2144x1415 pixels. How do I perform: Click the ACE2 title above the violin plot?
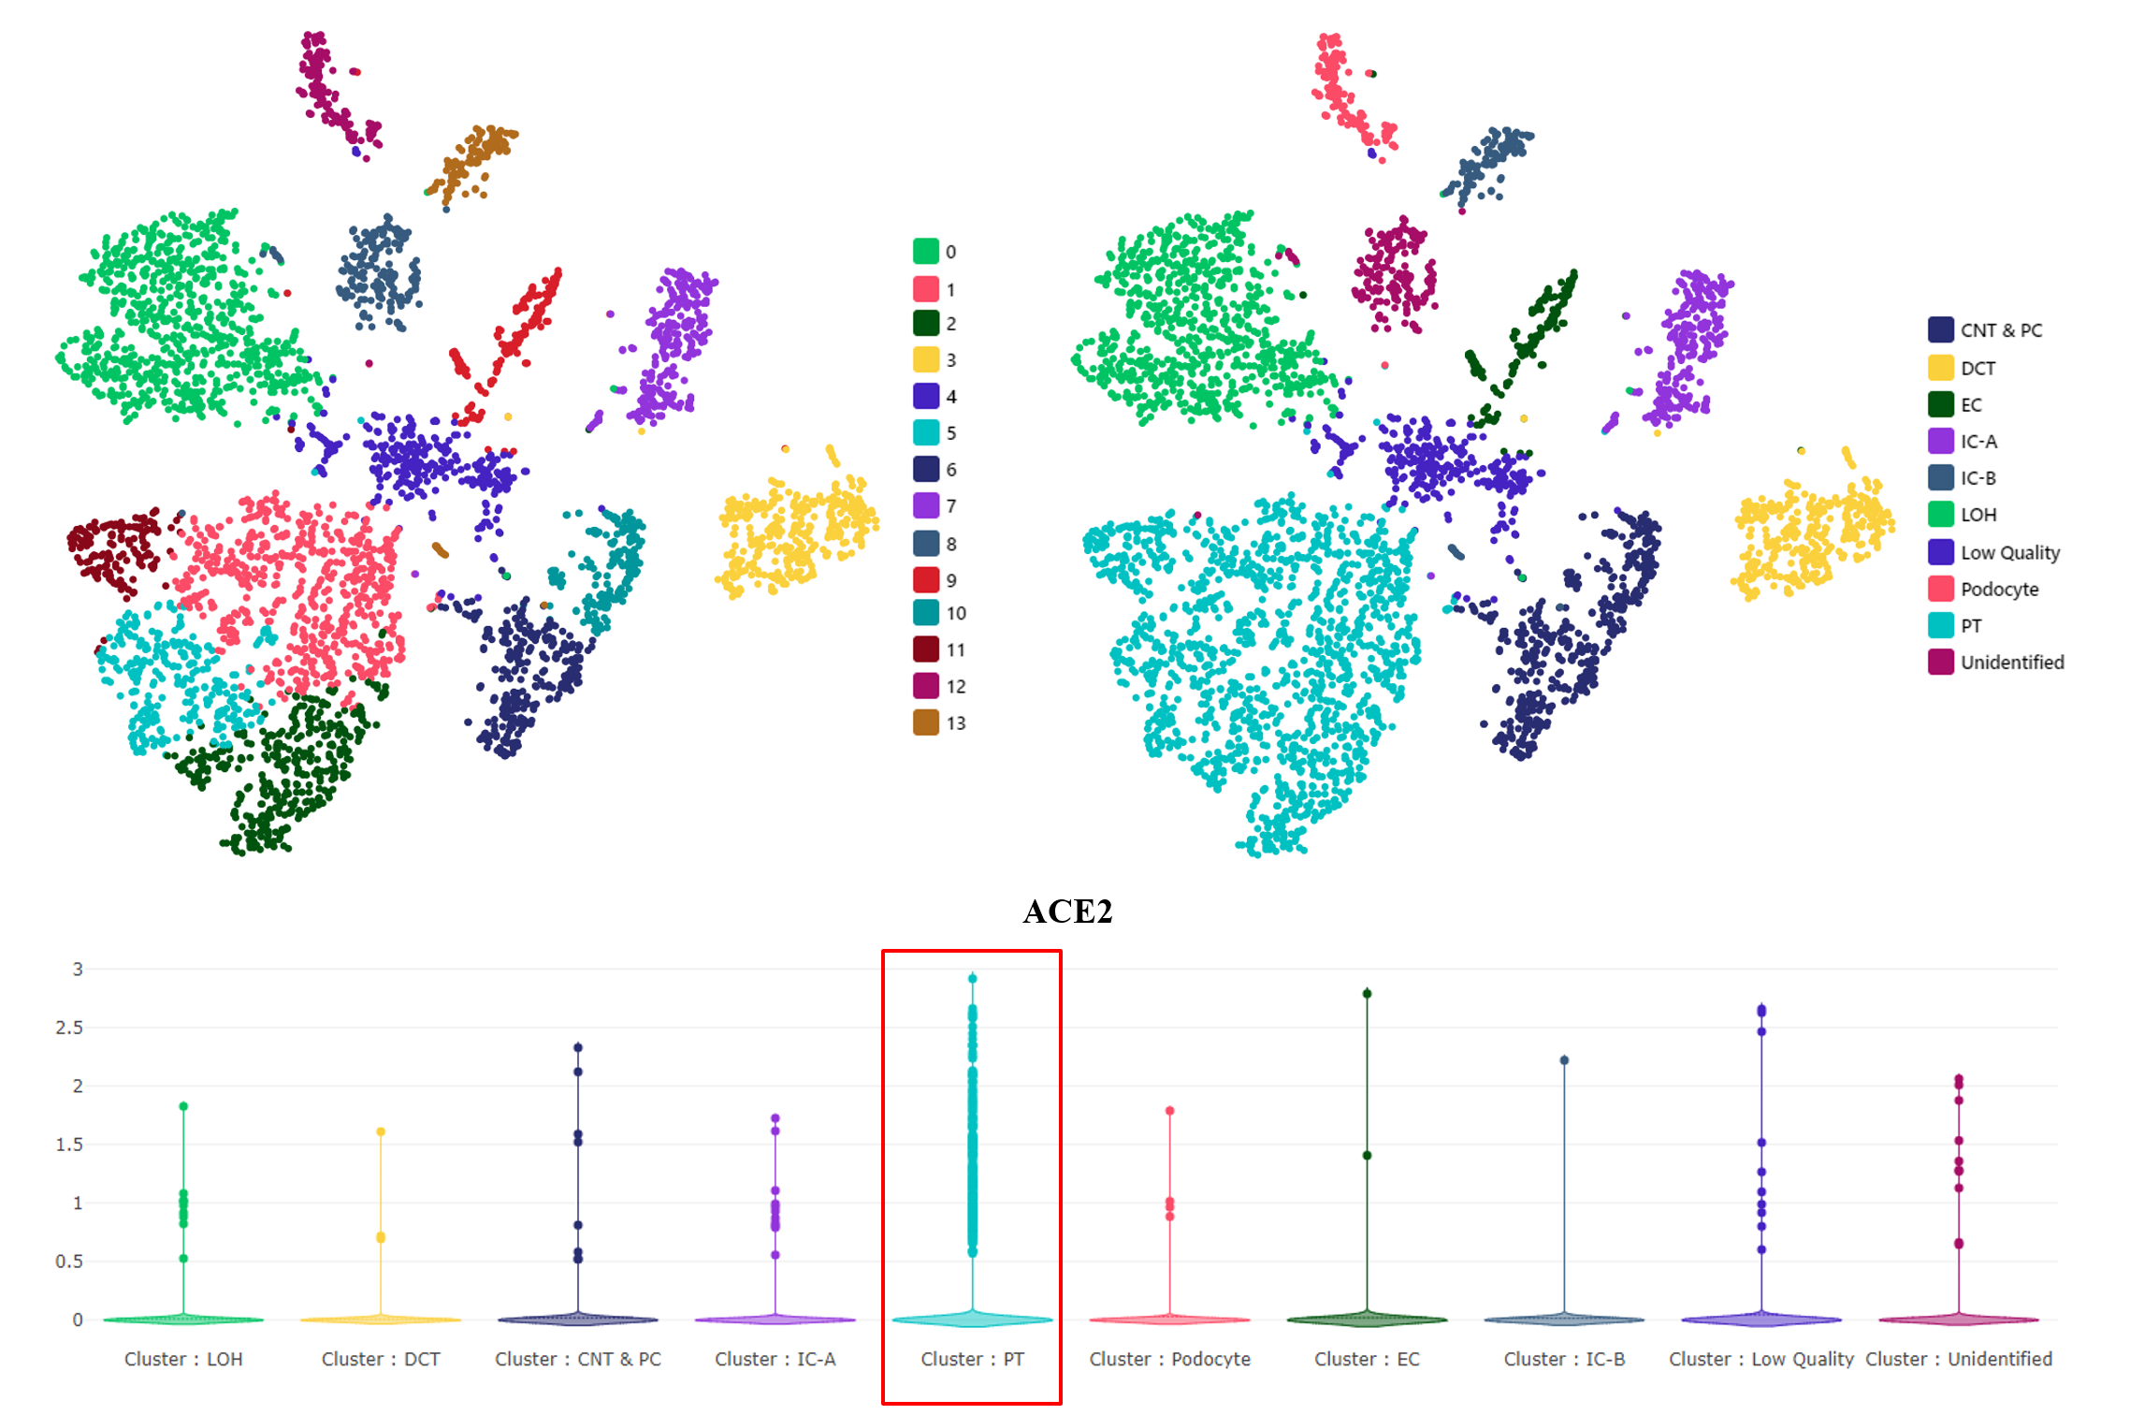tap(1067, 912)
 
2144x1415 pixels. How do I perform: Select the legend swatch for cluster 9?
tap(926, 580)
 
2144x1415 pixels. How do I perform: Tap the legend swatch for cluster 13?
tap(926, 722)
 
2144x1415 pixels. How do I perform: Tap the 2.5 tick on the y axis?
tap(69, 1028)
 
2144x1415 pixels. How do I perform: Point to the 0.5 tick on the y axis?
tap(69, 1262)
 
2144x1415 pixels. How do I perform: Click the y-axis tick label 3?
tap(78, 970)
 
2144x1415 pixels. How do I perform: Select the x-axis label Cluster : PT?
tap(972, 1359)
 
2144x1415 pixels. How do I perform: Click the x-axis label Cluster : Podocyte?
tap(1169, 1359)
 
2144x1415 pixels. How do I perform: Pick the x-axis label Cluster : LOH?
tap(183, 1359)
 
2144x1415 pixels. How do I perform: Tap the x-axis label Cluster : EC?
tap(1367, 1359)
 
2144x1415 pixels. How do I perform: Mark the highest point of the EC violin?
tap(1367, 993)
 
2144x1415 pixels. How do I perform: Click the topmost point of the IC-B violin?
tap(1564, 1060)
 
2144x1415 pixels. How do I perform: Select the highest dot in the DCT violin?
tap(381, 1131)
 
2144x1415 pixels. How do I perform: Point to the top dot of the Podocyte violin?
tap(1169, 1111)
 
